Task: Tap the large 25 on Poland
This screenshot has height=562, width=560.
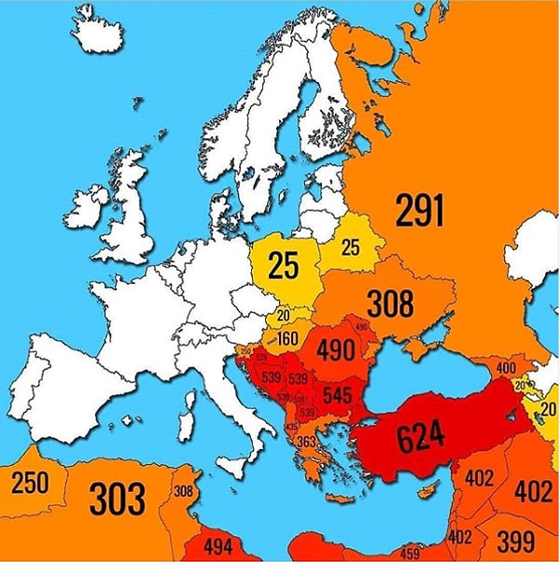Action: pos(283,264)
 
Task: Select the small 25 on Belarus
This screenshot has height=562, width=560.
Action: pos(350,247)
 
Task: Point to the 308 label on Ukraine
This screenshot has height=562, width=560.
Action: pos(390,303)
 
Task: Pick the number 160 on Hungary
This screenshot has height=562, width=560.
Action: pos(288,338)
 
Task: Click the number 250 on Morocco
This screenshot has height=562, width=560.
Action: pos(31,483)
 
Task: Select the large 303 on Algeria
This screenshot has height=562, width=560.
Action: pos(118,499)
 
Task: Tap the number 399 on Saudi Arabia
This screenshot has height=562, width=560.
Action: pos(515,540)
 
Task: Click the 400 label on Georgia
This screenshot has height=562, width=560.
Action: pos(506,369)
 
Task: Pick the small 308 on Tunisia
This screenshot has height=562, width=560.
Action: pos(183,492)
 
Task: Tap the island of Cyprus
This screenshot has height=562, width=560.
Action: pos(427,490)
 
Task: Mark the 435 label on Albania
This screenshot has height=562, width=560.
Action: pos(291,427)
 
